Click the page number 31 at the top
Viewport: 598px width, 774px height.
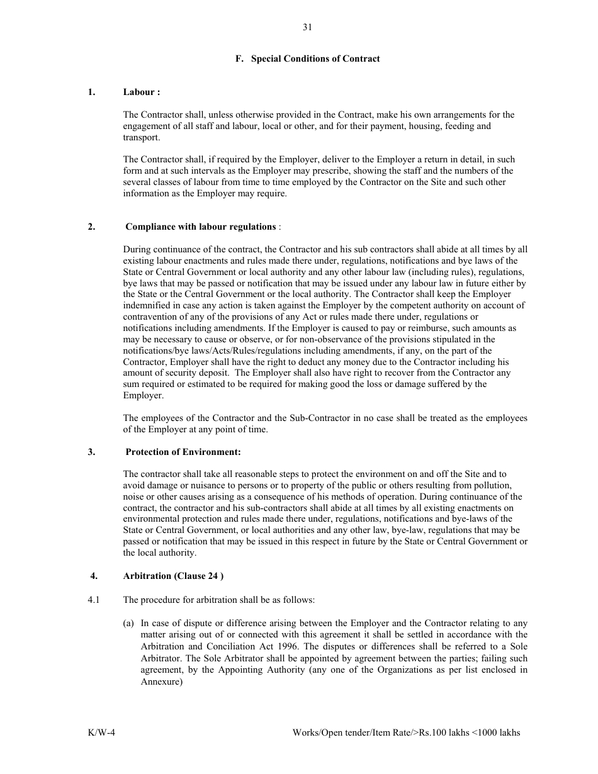307,27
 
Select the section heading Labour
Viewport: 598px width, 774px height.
142,92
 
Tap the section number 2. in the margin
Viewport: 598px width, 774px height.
92,227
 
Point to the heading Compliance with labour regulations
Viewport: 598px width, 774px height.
201,227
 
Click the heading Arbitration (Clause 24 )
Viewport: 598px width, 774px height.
173,576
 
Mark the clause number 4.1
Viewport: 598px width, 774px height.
94,600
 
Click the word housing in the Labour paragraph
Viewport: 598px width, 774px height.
425,126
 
